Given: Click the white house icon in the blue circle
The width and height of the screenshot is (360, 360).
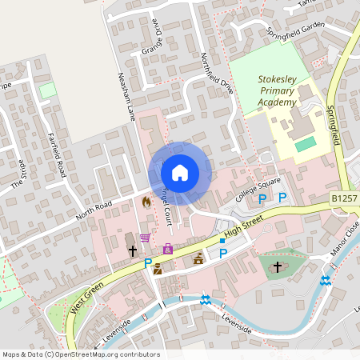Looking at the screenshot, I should (x=179, y=172).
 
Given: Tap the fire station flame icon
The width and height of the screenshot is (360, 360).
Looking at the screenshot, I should (x=146, y=203).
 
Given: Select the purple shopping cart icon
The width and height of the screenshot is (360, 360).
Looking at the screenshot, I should (x=145, y=238).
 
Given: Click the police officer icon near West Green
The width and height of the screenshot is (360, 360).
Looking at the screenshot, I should (x=158, y=269).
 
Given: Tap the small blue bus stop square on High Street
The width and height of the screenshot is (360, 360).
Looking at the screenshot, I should (x=222, y=240).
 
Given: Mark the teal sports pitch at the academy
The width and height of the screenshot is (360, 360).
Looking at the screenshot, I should (x=306, y=145).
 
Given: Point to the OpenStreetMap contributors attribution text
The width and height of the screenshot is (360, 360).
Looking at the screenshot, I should (x=82, y=354).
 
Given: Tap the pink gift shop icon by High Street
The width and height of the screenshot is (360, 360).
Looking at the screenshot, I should (x=167, y=250).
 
